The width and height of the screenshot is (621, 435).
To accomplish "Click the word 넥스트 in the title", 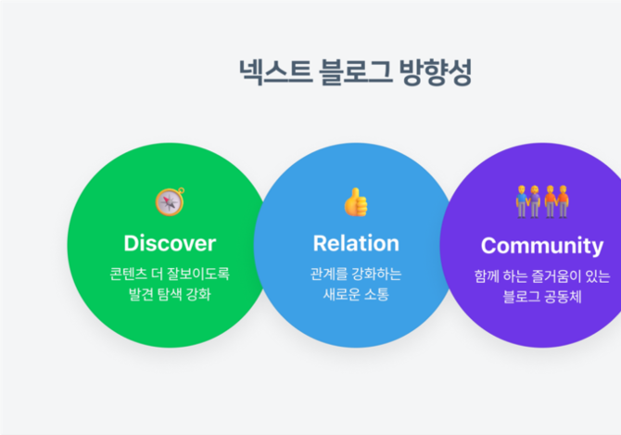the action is tap(275, 71).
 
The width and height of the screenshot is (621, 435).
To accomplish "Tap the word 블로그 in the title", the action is tap(355, 71).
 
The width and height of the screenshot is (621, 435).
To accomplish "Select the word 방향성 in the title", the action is tap(436, 71).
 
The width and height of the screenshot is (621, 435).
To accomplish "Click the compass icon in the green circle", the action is tap(170, 201).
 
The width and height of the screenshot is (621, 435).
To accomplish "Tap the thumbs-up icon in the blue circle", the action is tap(356, 202).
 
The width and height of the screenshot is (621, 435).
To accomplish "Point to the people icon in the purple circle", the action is tap(542, 201).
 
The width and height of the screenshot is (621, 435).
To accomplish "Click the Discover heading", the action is tap(170, 243).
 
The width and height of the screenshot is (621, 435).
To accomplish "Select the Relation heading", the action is tap(356, 243).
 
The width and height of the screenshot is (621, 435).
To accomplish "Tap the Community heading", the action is tap(542, 246).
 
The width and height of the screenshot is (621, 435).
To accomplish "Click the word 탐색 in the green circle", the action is tap(170, 294).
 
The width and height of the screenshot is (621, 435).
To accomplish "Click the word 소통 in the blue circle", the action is tap(376, 294).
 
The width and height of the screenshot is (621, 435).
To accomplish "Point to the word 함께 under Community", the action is tap(487, 276).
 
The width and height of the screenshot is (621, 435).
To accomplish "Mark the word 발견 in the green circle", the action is tap(141, 294).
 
